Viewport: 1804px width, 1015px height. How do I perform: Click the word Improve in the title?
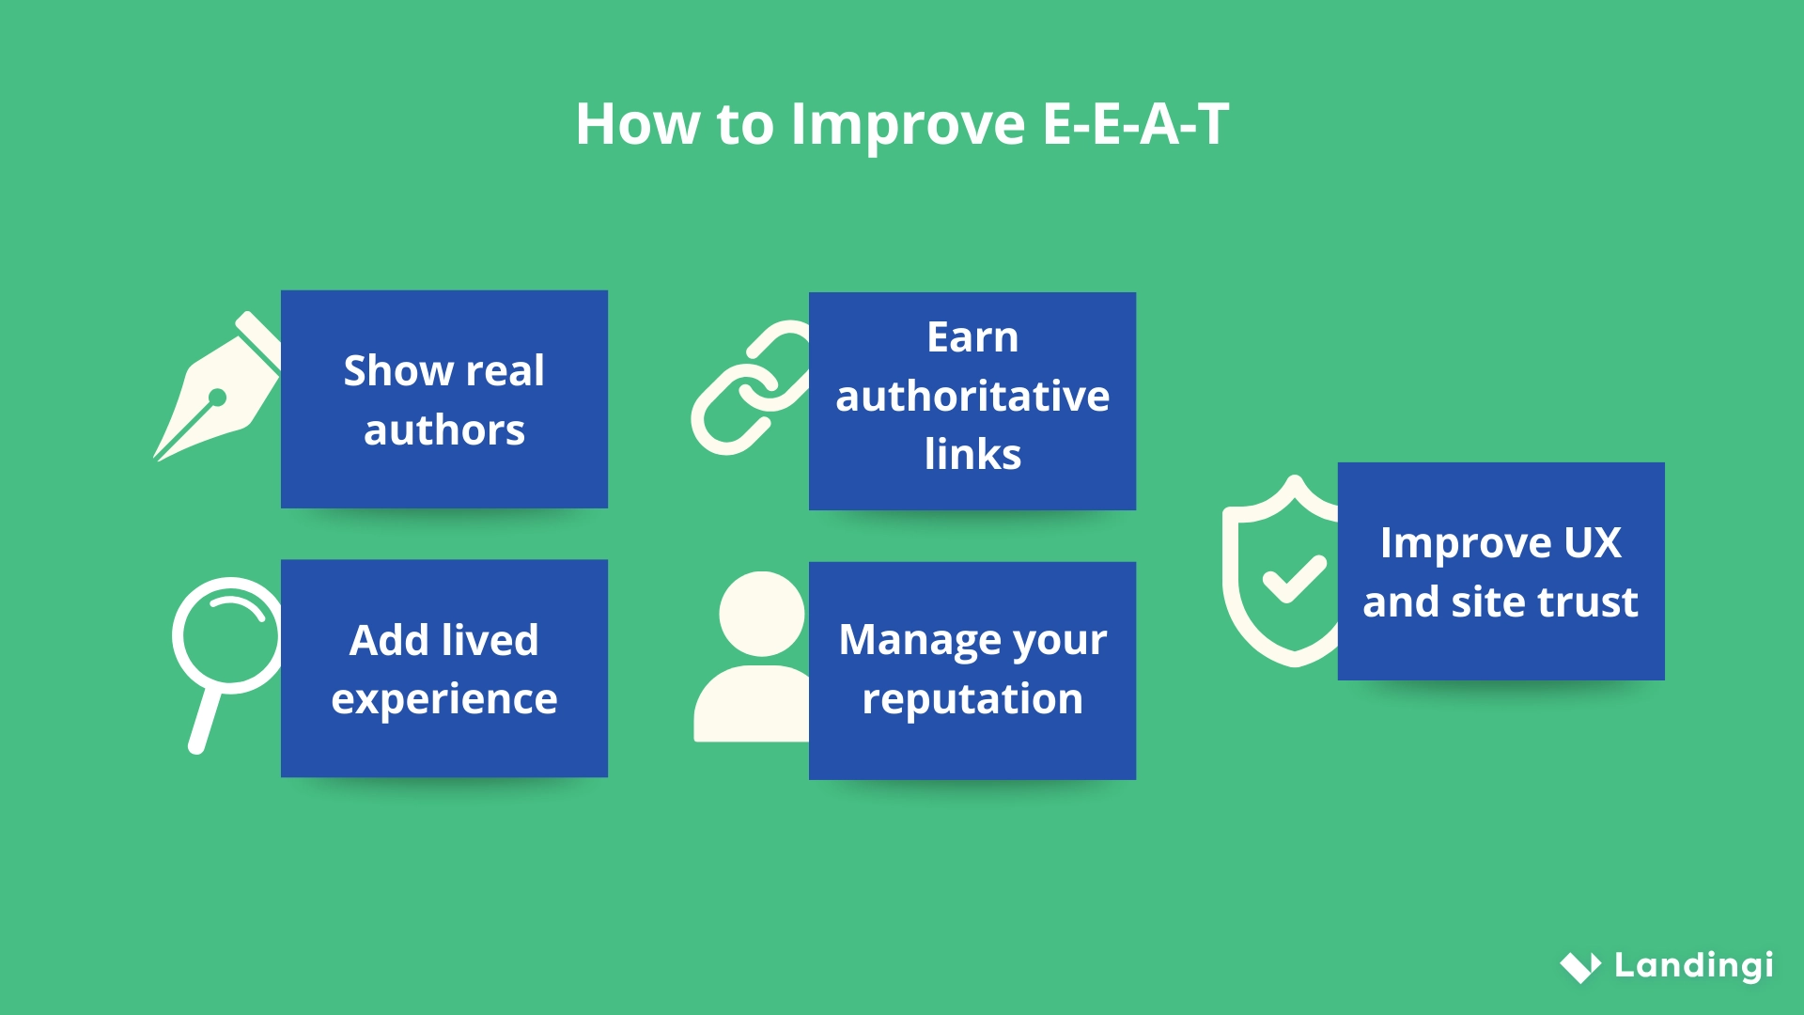point(908,124)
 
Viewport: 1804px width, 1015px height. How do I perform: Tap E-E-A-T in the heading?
point(1135,124)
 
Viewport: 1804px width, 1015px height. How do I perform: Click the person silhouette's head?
point(761,614)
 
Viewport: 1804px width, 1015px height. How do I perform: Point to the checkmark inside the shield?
point(1294,577)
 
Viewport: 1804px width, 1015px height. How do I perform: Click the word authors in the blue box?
point(443,430)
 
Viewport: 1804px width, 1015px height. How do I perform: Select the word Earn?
point(972,337)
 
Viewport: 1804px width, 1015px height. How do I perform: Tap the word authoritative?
point(972,396)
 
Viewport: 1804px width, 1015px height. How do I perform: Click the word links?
point(972,455)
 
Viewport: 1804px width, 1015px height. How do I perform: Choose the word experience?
point(443,699)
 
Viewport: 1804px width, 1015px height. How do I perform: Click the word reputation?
point(972,699)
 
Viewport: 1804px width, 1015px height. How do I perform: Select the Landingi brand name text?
point(1693,965)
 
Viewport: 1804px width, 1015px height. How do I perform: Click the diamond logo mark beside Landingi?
point(1580,967)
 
